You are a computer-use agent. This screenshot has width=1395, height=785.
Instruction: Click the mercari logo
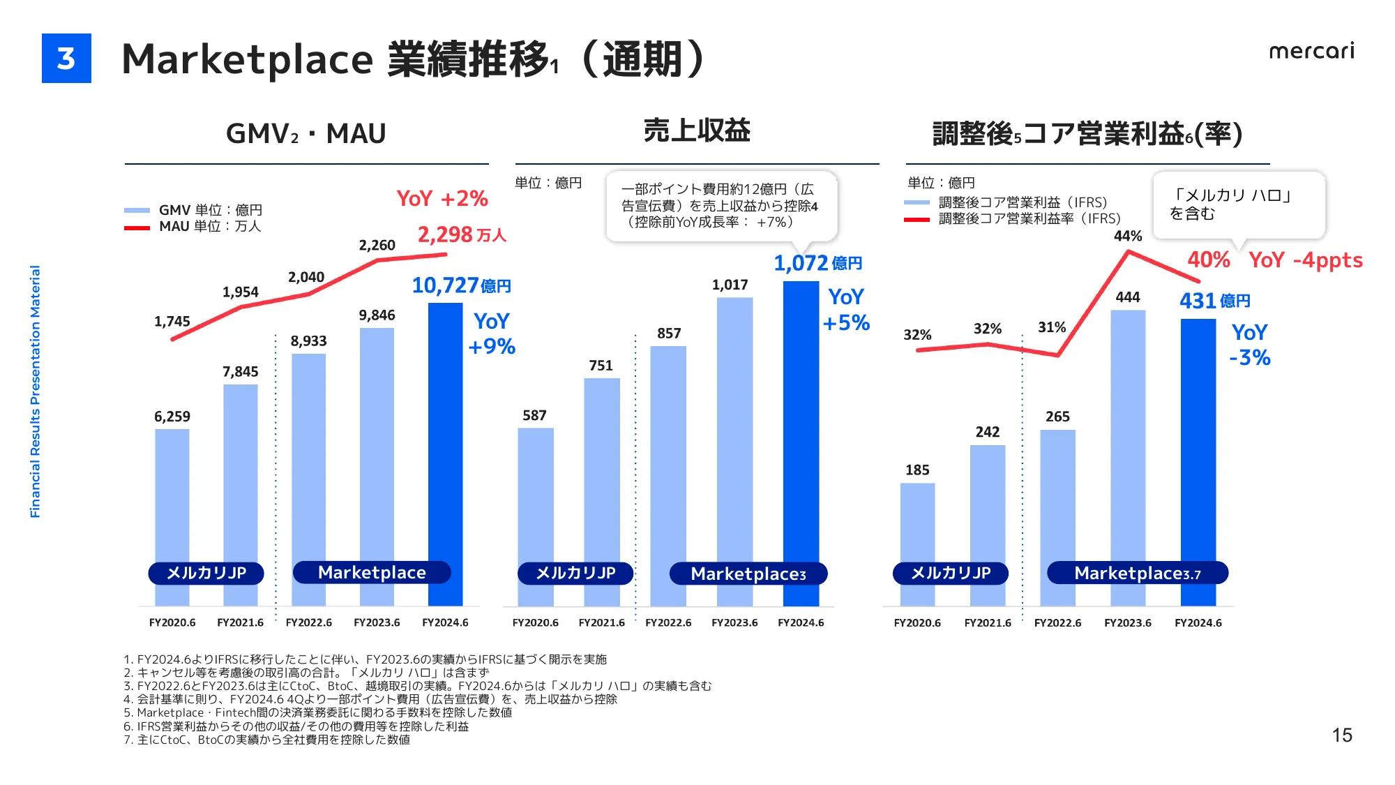point(1311,51)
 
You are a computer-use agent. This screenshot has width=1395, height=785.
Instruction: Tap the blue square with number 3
point(66,59)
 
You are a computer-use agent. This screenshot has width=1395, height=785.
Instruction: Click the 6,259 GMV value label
point(172,417)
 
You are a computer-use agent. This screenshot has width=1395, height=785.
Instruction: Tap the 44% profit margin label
point(1128,236)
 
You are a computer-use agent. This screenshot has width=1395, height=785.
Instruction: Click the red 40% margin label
point(1209,260)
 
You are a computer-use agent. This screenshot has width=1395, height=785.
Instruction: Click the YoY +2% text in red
point(442,199)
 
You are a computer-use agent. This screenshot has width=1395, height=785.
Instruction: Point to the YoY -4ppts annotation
point(1305,260)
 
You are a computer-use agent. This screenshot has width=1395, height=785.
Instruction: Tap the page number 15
point(1341,735)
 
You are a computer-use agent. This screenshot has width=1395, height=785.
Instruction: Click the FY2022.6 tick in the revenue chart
point(668,622)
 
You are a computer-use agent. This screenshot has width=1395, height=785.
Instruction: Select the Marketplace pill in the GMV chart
point(372,573)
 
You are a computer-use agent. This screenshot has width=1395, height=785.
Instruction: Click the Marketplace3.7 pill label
point(1137,574)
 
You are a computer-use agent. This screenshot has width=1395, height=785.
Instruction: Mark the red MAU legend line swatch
point(137,227)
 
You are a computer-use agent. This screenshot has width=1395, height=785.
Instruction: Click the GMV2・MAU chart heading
point(306,133)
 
